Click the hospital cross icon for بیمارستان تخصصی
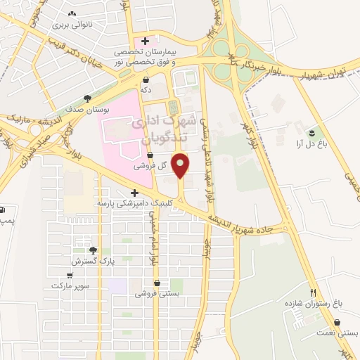(x=145, y=41)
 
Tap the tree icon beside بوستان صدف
(x=87, y=99)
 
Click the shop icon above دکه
(x=146, y=79)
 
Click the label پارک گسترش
(x=92, y=261)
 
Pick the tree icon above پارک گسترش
(x=92, y=250)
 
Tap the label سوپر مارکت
(x=68, y=287)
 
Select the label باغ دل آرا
(x=309, y=142)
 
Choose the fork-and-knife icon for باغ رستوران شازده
(x=314, y=292)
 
